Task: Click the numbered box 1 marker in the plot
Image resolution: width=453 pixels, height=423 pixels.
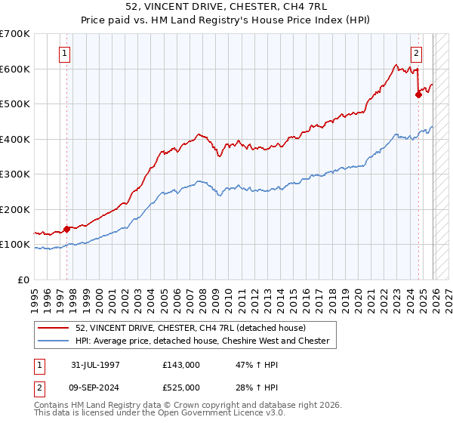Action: click(65, 54)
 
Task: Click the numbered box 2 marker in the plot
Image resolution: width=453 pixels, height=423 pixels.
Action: click(416, 54)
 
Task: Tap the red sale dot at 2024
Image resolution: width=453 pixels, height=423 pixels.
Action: click(418, 94)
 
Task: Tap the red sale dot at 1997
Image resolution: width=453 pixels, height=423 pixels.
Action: click(66, 229)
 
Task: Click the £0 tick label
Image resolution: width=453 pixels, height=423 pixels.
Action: click(23, 280)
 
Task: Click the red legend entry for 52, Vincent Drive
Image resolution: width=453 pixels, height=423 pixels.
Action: click(190, 328)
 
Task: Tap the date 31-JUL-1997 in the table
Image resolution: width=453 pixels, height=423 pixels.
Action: click(95, 364)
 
